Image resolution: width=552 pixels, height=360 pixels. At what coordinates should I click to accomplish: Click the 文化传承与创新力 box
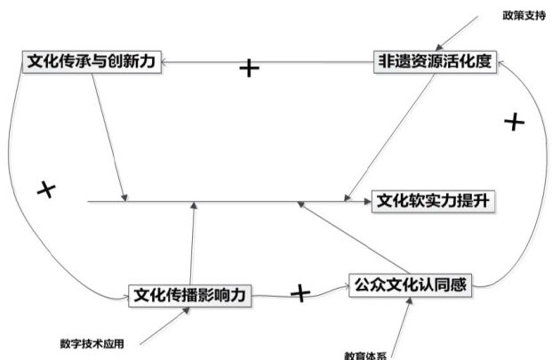(x=92, y=64)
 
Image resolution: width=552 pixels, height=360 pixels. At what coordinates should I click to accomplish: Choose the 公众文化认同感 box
(x=409, y=285)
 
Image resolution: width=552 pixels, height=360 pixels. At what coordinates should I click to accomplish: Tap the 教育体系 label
(x=365, y=355)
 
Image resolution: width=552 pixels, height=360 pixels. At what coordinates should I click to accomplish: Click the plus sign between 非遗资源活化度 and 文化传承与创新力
(x=250, y=68)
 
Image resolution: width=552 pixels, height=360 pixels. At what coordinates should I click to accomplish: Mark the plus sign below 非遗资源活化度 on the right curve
(x=512, y=123)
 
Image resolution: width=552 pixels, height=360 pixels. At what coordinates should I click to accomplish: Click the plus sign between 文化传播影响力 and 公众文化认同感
(x=301, y=292)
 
